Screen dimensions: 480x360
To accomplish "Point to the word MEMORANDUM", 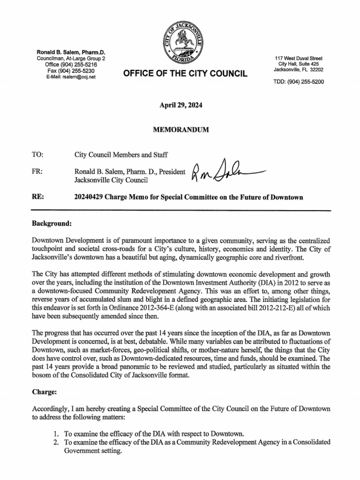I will coord(180,129).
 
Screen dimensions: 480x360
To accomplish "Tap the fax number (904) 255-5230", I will coord(71,71).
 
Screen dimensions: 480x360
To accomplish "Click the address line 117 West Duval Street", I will coord(299,58).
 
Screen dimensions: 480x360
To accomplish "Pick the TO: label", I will coord(37,154).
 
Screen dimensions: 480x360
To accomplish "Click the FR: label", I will coord(37,172).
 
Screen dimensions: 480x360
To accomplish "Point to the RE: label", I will coord(37,197).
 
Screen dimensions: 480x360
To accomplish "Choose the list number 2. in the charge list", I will coord(55,442).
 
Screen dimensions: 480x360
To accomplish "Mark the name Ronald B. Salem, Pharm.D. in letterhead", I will coord(71,52).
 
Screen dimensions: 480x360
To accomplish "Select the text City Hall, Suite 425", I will coord(299,64).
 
